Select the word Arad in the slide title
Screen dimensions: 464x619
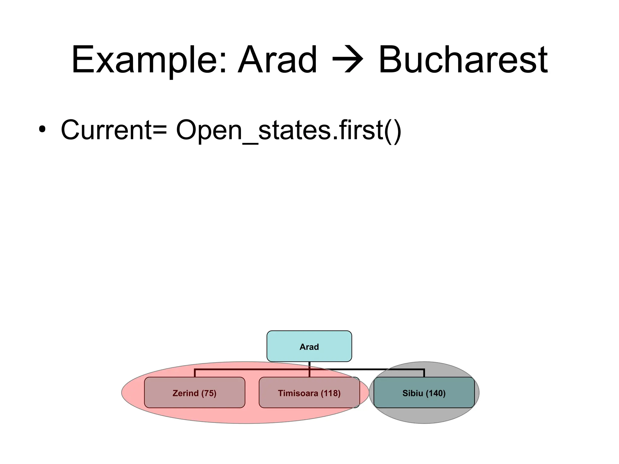277,60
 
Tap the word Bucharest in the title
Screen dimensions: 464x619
463,60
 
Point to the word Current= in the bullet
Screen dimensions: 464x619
114,130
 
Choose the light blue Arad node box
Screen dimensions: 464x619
309,346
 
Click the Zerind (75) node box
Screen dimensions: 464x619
194,393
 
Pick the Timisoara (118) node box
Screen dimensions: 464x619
309,393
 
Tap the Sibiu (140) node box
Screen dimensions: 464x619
424,393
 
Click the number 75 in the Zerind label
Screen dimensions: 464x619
209,393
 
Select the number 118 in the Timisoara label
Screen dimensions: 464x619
330,393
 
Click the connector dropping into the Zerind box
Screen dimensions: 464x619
195,373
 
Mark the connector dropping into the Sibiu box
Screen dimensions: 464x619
424,373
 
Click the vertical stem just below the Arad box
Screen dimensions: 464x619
309,365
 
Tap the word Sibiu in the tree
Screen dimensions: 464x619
413,393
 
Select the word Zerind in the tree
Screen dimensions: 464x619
185,393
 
